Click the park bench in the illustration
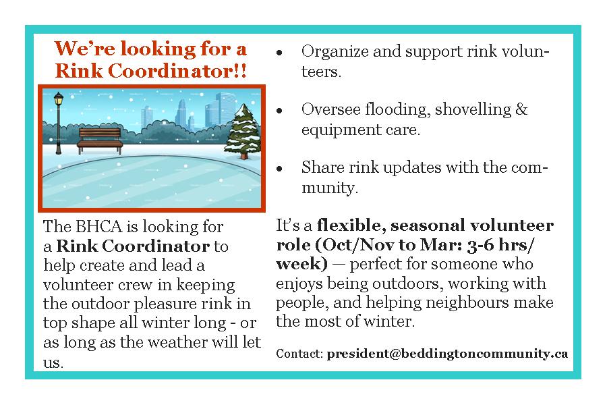[100, 140]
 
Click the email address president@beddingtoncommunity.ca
[447, 354]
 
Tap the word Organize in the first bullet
[335, 52]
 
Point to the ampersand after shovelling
[521, 109]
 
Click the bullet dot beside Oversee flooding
[279, 111]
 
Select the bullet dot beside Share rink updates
[279, 169]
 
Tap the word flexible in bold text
[351, 225]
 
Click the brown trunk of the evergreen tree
[243, 156]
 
